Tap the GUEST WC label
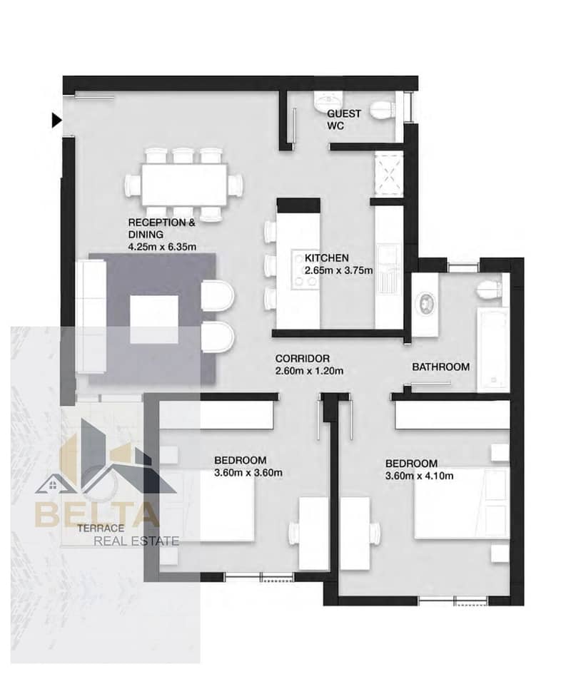coord(344,120)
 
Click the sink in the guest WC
coord(328,101)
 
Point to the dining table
coord(184,185)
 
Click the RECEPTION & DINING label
coord(161,228)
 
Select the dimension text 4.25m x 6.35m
coord(162,247)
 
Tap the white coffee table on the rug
coord(154,319)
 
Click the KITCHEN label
coord(327,258)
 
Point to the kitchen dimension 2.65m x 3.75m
coord(338,270)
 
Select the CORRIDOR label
coord(303,359)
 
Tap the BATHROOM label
coord(440,367)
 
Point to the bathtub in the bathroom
coord(493,349)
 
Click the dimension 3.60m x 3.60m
coord(248,473)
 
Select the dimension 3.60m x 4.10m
coord(419,476)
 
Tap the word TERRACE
coord(101,528)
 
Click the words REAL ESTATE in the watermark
coord(136,541)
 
